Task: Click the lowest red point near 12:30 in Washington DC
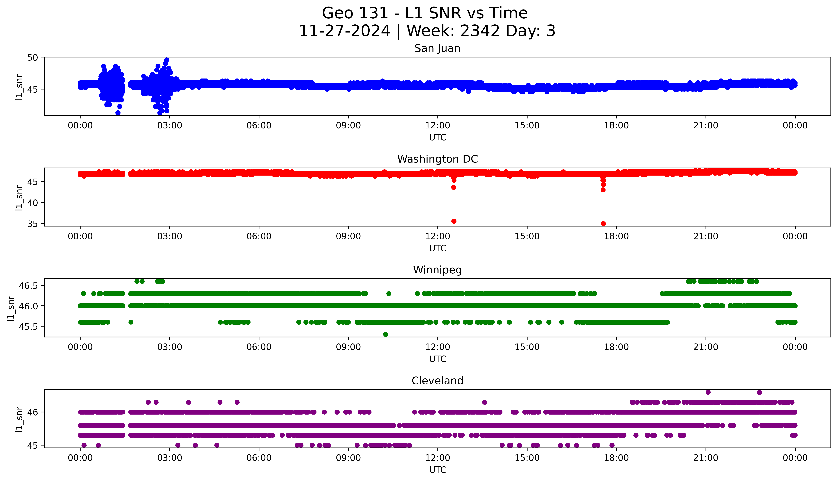[454, 221]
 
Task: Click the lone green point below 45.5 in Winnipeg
[386, 334]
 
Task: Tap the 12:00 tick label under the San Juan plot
[437, 126]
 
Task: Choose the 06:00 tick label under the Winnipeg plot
[259, 347]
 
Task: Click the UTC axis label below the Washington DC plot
[437, 248]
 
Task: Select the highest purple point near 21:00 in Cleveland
[708, 392]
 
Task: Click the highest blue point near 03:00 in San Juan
[167, 60]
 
